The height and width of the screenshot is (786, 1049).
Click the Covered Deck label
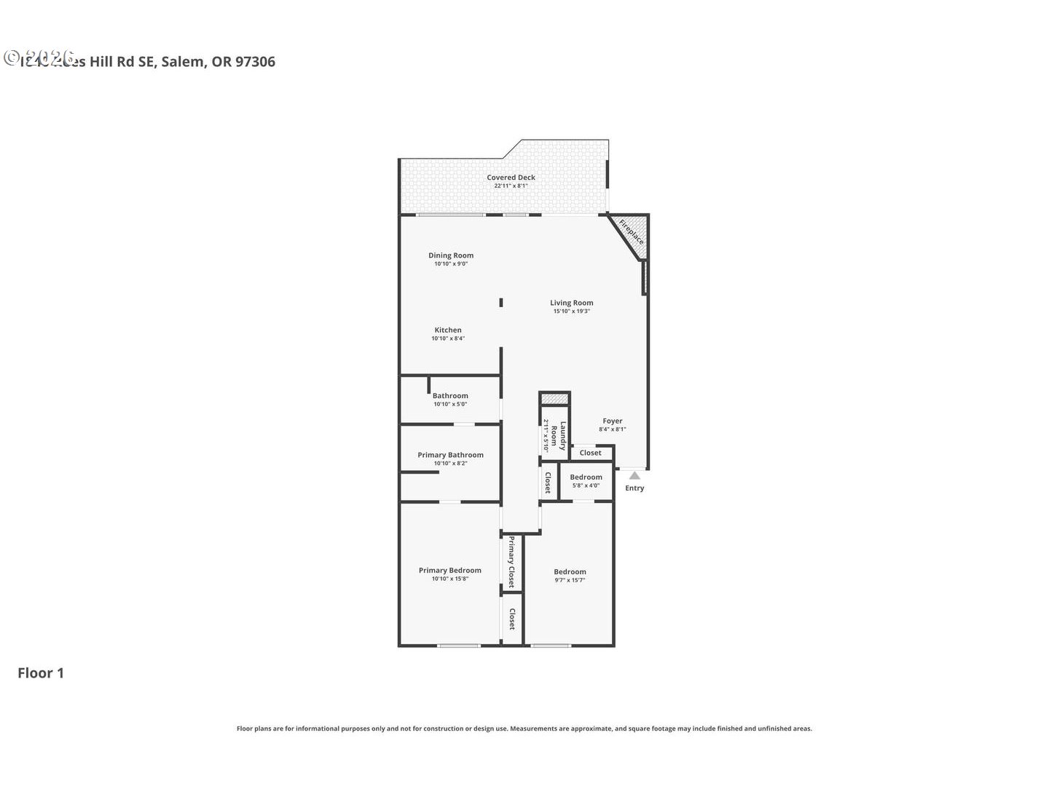[511, 178]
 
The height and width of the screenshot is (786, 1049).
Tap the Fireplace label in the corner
[631, 231]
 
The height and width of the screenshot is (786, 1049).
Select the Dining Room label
[451, 255]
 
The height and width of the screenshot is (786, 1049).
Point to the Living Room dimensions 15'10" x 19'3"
[571, 311]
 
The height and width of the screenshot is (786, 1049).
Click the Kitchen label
[448, 330]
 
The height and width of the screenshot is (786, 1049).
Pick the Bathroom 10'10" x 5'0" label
[450, 400]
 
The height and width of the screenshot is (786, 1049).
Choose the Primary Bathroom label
[450, 455]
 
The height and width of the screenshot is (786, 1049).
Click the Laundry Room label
[558, 436]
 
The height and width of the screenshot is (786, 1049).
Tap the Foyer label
[613, 421]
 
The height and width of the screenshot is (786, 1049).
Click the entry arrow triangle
[634, 475]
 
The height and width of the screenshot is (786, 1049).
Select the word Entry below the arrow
[634, 488]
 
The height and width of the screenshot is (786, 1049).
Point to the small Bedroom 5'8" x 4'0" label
[586, 481]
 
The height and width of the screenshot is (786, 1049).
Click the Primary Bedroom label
[449, 571]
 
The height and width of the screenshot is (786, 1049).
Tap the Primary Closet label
[511, 562]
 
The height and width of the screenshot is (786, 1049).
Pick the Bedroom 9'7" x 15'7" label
[570, 576]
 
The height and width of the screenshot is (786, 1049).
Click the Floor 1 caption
[41, 673]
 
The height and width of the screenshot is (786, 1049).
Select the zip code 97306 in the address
[255, 62]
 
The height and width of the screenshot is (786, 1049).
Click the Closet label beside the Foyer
[591, 453]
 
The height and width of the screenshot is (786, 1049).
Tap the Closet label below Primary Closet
[512, 619]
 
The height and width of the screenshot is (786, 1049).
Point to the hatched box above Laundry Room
[554, 399]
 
